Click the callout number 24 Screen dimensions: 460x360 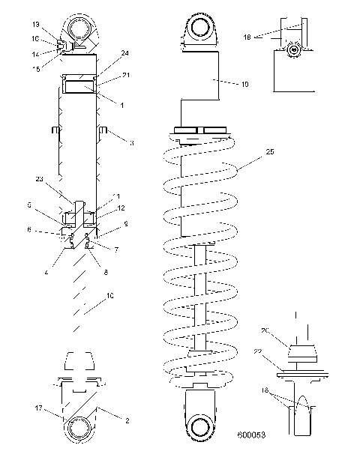click(x=123, y=53)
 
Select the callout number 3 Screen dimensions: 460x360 click(x=131, y=142)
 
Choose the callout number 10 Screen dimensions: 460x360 click(x=111, y=297)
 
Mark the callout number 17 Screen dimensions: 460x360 click(x=38, y=408)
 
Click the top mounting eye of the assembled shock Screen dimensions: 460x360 click(x=200, y=30)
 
